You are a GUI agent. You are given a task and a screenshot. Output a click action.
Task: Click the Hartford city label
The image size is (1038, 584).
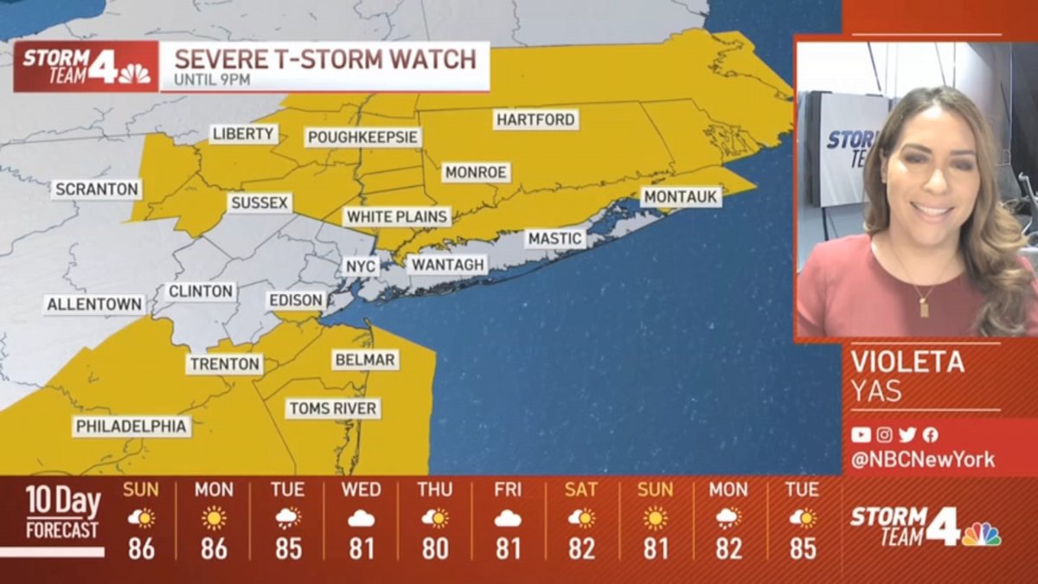coord(535,119)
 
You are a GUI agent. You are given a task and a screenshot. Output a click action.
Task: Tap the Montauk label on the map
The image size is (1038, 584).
coord(681,197)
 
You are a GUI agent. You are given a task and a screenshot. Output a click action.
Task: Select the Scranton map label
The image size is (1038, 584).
coord(96,189)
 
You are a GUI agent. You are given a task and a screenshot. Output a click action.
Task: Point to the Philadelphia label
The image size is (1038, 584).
coord(131,427)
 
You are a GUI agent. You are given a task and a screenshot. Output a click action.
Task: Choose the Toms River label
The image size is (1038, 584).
coord(333,408)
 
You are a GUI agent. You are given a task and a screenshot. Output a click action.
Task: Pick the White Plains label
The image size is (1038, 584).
coord(397,216)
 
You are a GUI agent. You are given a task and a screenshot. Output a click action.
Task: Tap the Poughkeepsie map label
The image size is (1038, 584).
coord(363,138)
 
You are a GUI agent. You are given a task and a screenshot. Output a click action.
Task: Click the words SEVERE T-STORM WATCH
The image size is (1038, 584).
coord(325,60)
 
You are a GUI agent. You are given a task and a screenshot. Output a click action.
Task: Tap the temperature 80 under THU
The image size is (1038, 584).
coord(434,549)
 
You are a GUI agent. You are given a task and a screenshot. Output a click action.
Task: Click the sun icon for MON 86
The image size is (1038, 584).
coord(214,518)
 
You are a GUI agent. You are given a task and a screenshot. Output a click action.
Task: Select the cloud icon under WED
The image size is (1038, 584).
coord(361,519)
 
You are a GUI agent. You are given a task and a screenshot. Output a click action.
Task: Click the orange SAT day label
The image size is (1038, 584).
coord(581,490)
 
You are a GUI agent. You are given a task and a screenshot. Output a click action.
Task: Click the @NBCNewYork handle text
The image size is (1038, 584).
coord(923,459)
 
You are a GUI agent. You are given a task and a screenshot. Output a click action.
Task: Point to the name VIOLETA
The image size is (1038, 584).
coord(907,362)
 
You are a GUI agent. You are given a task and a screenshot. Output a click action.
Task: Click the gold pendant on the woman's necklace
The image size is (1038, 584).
coord(924,305)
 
